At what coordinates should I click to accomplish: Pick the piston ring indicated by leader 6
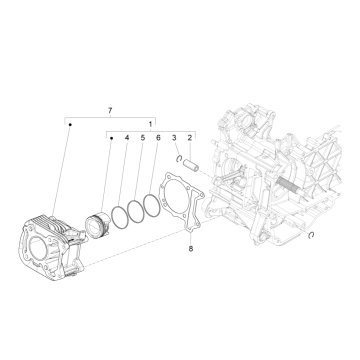tap(153, 203)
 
